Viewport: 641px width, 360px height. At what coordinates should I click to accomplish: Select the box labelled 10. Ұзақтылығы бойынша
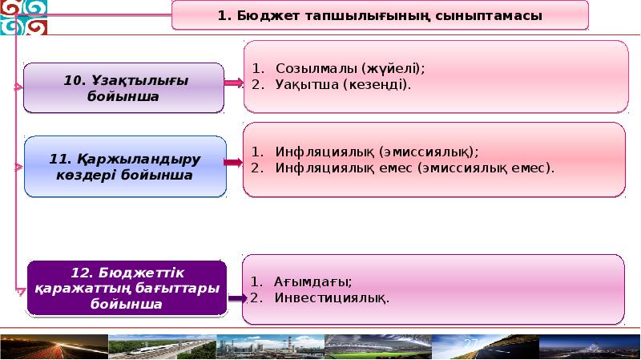pos(123,88)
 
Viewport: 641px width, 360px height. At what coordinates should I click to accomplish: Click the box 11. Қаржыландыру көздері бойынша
pos(124,167)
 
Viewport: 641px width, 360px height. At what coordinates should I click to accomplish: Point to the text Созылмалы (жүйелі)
pos(349,68)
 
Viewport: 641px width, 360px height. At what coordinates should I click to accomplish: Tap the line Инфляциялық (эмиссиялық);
pos(376,152)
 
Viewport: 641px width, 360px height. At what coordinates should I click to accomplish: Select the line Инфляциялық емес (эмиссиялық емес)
pos(413,168)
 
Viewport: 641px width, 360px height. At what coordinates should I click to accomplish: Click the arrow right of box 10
pos(233,83)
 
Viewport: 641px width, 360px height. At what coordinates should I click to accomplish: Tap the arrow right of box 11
pos(233,162)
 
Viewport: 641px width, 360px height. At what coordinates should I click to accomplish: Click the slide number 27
pos(470,344)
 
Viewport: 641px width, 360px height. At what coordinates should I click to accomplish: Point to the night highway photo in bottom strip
pos(53,346)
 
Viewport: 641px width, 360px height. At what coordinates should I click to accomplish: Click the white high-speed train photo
pos(160,346)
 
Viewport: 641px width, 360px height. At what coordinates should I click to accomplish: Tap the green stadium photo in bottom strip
pos(377,346)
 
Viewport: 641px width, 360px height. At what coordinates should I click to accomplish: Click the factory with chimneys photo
pos(268,346)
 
